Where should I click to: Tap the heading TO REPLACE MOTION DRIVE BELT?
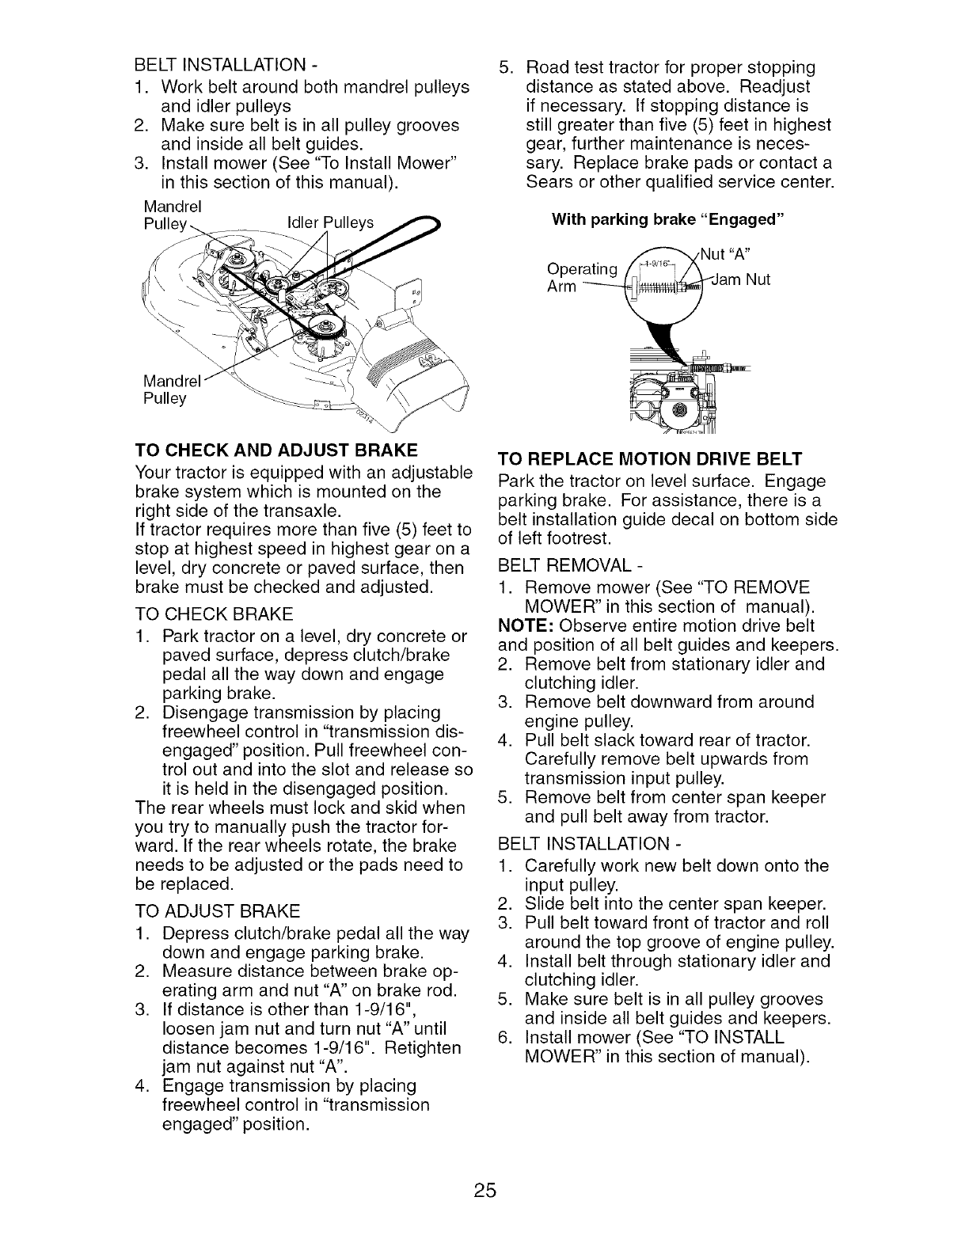pyautogui.click(x=649, y=459)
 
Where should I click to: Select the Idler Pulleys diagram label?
pyautogui.click(x=329, y=225)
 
